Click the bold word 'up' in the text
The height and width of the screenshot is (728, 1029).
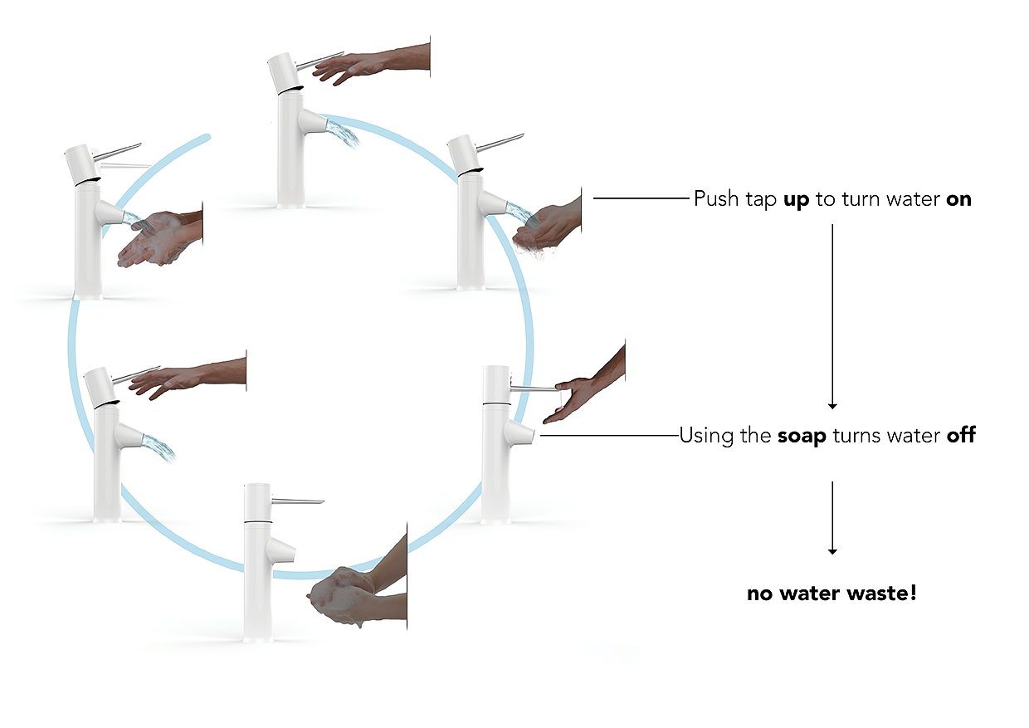pyautogui.click(x=796, y=200)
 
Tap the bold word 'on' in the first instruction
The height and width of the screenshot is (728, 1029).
pyautogui.click(x=958, y=200)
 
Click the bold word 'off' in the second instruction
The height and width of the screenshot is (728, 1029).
pyautogui.click(x=961, y=435)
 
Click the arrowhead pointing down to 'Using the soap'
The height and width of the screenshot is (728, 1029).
pyautogui.click(x=832, y=406)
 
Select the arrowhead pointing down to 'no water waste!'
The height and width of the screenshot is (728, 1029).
pyautogui.click(x=832, y=551)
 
